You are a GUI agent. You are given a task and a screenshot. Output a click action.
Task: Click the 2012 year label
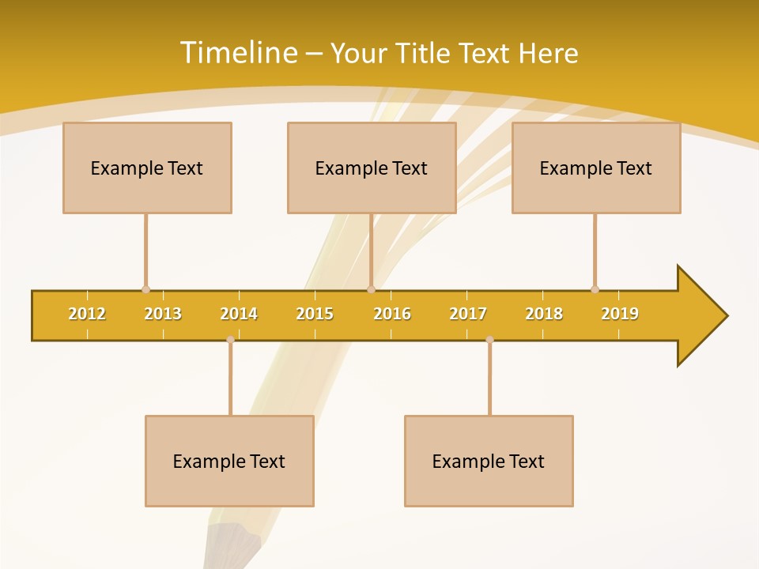pyautogui.click(x=87, y=314)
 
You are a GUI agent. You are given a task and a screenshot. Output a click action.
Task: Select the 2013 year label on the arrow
pyautogui.click(x=163, y=314)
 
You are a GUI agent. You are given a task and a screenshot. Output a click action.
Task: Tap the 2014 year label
pyautogui.click(x=239, y=314)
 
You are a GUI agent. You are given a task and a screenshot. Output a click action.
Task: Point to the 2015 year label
pyautogui.click(x=315, y=314)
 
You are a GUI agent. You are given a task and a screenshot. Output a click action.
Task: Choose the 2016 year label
pyautogui.click(x=392, y=314)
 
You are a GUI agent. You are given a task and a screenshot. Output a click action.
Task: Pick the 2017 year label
pyautogui.click(x=468, y=314)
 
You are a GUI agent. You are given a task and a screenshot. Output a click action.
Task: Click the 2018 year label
pyautogui.click(x=544, y=314)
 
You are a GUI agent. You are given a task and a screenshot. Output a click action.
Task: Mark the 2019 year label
pyautogui.click(x=620, y=314)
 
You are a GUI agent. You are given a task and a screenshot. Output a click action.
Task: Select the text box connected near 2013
pyautogui.click(x=147, y=168)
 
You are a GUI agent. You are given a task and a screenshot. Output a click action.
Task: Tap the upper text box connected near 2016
pyautogui.click(x=372, y=168)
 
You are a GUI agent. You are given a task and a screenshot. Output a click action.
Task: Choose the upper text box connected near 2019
pyautogui.click(x=596, y=168)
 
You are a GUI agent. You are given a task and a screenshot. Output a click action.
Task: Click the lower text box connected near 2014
pyautogui.click(x=229, y=461)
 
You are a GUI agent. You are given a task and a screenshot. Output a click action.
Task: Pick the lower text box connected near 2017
pyautogui.click(x=489, y=461)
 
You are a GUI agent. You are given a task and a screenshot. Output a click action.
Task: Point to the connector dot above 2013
pyautogui.click(x=145, y=289)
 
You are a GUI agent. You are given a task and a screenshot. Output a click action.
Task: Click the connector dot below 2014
pyautogui.click(x=230, y=340)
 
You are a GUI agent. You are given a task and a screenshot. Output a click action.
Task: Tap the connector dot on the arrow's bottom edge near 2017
pyautogui.click(x=489, y=340)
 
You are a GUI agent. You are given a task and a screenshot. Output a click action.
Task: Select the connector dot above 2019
pyautogui.click(x=595, y=289)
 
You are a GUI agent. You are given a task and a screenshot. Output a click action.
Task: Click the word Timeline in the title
pyautogui.click(x=236, y=53)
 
